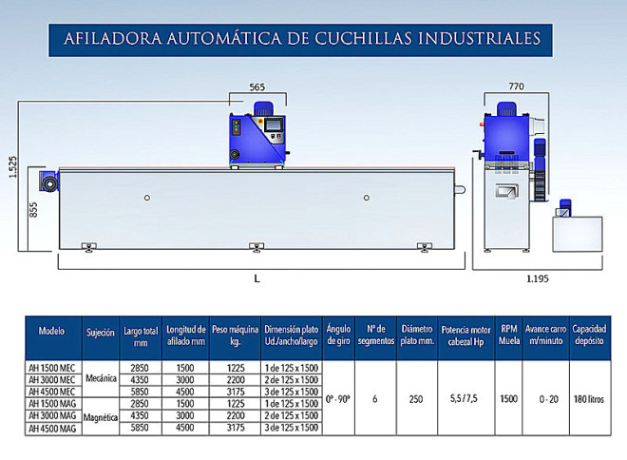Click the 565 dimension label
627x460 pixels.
click(x=257, y=86)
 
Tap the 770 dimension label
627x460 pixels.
click(x=516, y=86)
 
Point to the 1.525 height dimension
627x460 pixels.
click(x=12, y=167)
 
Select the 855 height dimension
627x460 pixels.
click(x=33, y=210)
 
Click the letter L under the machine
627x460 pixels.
click(x=257, y=278)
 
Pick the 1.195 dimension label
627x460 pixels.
click(x=538, y=278)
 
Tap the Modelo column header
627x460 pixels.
click(x=51, y=331)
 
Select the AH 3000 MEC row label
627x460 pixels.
click(x=52, y=379)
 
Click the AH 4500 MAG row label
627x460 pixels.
click(x=52, y=429)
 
